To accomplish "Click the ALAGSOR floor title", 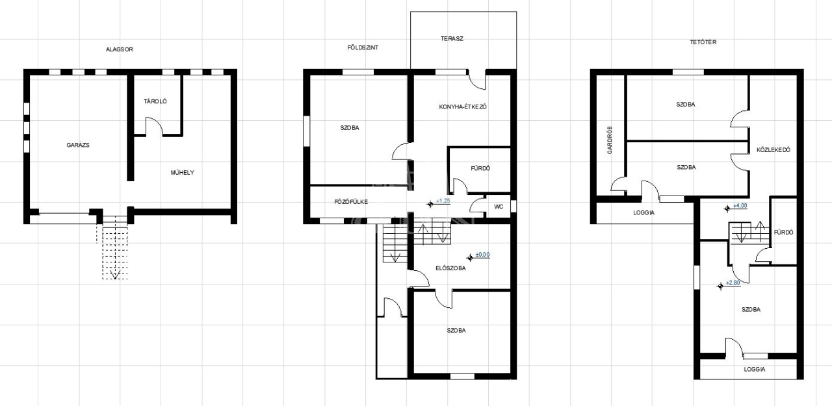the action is [x=119, y=49].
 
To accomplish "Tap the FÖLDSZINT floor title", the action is [x=363, y=48].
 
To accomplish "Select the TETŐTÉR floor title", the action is [x=703, y=42].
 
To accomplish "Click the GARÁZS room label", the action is [x=78, y=145].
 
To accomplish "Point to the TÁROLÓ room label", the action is [x=155, y=101].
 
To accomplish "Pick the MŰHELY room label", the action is [x=183, y=173].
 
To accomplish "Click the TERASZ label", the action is [x=452, y=38].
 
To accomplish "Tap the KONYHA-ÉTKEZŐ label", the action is [x=463, y=107].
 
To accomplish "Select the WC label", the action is [x=499, y=207].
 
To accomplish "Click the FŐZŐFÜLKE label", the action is [x=351, y=202].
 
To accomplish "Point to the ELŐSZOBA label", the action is [x=450, y=268].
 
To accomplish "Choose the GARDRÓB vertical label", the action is [x=610, y=140].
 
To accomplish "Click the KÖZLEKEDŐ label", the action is [x=773, y=150].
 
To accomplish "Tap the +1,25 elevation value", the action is [x=443, y=201].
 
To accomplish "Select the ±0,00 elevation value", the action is [x=482, y=255].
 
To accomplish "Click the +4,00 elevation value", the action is [x=740, y=205].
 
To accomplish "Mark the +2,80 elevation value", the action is [x=733, y=283].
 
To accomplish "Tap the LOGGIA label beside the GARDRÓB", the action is [x=643, y=213].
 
